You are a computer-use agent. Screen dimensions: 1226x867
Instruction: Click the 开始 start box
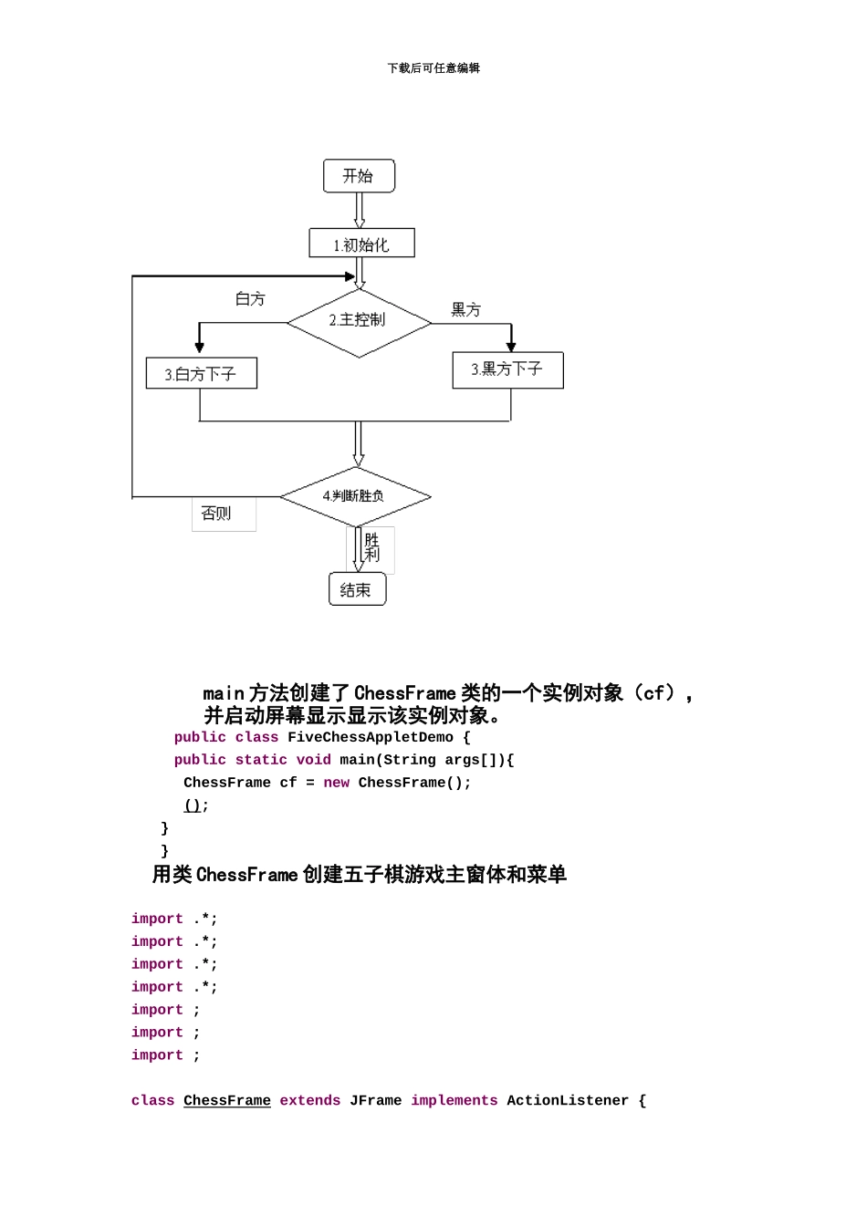[359, 176]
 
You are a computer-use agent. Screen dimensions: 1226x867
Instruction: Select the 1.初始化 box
[361, 244]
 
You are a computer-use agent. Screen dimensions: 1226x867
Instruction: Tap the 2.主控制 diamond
[359, 321]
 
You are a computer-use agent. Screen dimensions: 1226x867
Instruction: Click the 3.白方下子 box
[201, 374]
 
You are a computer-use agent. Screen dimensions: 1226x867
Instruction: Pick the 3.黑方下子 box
[507, 369]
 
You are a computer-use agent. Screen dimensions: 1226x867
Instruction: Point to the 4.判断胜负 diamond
[355, 496]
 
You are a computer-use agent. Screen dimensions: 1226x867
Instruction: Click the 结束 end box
[357, 589]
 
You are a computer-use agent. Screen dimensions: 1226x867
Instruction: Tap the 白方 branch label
[250, 299]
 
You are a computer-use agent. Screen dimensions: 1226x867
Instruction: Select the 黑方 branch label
[465, 310]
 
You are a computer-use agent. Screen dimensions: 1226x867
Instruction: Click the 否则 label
[217, 514]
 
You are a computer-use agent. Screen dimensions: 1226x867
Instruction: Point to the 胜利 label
[371, 547]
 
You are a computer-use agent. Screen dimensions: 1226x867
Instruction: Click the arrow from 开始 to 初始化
[360, 210]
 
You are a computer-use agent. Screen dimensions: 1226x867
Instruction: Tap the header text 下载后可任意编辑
[433, 68]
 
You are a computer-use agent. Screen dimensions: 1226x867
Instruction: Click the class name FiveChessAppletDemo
[370, 737]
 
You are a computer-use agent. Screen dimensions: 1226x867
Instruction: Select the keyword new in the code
[336, 783]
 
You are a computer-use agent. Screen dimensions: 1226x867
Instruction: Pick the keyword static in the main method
[261, 760]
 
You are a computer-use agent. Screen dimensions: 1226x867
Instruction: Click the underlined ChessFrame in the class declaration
[226, 1101]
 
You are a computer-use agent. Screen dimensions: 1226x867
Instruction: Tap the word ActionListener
[567, 1101]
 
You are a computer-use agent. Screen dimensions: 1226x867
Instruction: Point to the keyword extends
[309, 1101]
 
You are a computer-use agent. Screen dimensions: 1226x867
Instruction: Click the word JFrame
[375, 1101]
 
